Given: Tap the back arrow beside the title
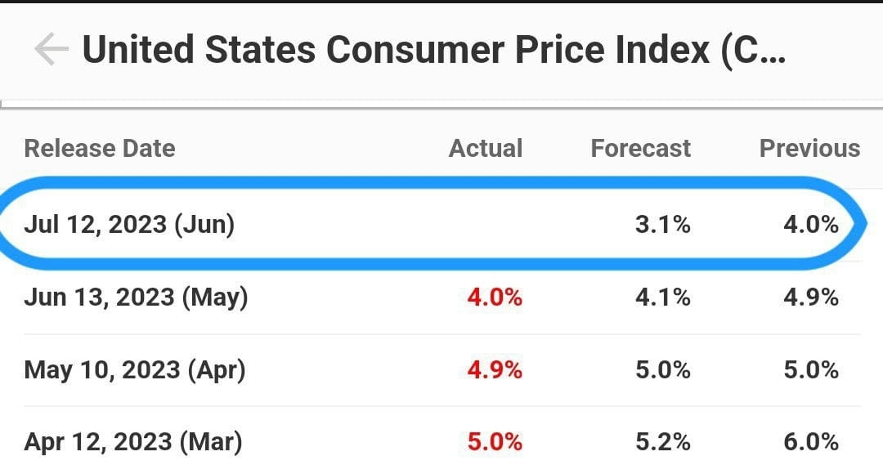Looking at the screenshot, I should [x=51, y=50].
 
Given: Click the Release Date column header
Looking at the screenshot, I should [x=100, y=149].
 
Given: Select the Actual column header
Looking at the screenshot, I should [x=486, y=149].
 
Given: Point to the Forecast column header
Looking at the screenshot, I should [x=640, y=149].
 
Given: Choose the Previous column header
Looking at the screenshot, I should [x=809, y=149].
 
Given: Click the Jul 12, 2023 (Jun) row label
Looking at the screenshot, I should [x=129, y=224].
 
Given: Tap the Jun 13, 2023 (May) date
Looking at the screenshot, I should [x=136, y=297].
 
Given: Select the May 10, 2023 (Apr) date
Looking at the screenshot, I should [x=135, y=369].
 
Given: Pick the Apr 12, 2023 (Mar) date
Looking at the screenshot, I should [x=133, y=442].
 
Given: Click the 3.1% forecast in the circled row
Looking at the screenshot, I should [x=662, y=224].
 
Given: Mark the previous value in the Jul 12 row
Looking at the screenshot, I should [x=810, y=224].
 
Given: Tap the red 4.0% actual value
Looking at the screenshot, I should [x=495, y=297].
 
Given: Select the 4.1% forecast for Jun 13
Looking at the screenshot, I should [x=662, y=297].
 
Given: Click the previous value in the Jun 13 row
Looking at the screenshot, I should [x=810, y=297].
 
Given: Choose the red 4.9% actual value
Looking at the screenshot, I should [x=495, y=369].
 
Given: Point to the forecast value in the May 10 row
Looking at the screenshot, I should [x=662, y=369].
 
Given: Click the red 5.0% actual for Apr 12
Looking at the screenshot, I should [x=495, y=442].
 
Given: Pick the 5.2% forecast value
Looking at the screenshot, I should [x=662, y=442].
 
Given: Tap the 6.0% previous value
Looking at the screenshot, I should [x=810, y=442].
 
